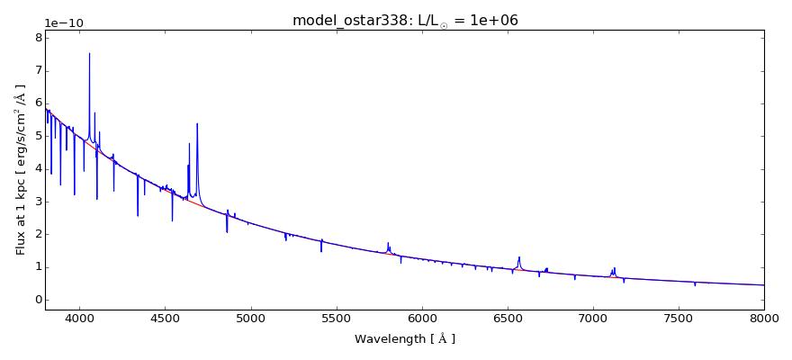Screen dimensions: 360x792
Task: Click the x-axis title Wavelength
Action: [405, 339]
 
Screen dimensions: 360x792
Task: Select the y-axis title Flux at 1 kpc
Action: [21, 169]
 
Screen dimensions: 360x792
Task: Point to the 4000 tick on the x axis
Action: [79, 318]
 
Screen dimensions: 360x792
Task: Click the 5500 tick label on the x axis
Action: [336, 318]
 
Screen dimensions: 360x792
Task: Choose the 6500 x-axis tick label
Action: [508, 318]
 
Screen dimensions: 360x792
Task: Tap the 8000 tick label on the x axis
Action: [764, 318]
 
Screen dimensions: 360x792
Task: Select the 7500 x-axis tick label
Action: [679, 318]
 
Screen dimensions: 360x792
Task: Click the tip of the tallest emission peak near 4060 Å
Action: [89, 53]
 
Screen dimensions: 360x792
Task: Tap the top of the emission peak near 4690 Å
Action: [197, 124]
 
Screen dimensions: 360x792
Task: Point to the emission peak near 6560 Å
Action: [519, 257]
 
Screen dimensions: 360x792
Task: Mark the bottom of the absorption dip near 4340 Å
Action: [138, 216]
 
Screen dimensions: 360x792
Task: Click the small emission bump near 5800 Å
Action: [388, 243]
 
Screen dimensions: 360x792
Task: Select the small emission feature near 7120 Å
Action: [614, 268]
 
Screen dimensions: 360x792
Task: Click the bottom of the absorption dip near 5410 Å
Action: [321, 252]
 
